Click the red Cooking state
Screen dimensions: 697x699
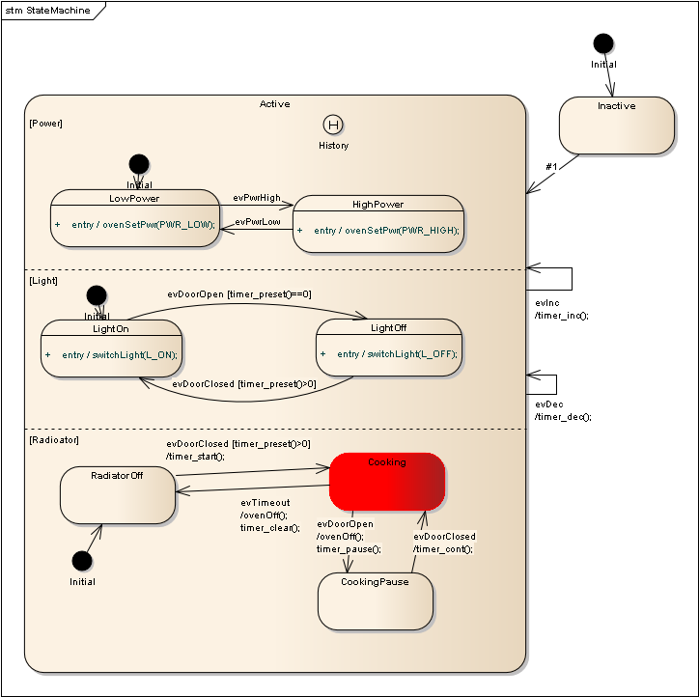(x=387, y=482)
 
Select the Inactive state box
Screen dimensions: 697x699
(x=616, y=125)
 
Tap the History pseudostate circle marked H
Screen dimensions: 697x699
(x=333, y=125)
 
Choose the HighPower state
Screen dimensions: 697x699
(x=377, y=224)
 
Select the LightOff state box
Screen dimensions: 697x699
(x=388, y=348)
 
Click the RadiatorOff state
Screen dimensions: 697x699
(x=117, y=495)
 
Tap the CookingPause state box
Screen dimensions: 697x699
(x=375, y=601)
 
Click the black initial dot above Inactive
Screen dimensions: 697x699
(x=602, y=43)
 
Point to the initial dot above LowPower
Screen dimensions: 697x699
(x=139, y=164)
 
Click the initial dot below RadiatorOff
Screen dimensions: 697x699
(x=82, y=561)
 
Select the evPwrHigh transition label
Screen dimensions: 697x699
(x=257, y=197)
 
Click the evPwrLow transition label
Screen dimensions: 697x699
(x=257, y=222)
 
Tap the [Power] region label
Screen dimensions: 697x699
(x=45, y=123)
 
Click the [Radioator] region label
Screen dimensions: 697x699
(x=54, y=439)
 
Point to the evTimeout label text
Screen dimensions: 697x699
(x=265, y=502)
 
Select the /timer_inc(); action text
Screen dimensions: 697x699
(x=561, y=315)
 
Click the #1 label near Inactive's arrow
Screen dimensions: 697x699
(x=551, y=166)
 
